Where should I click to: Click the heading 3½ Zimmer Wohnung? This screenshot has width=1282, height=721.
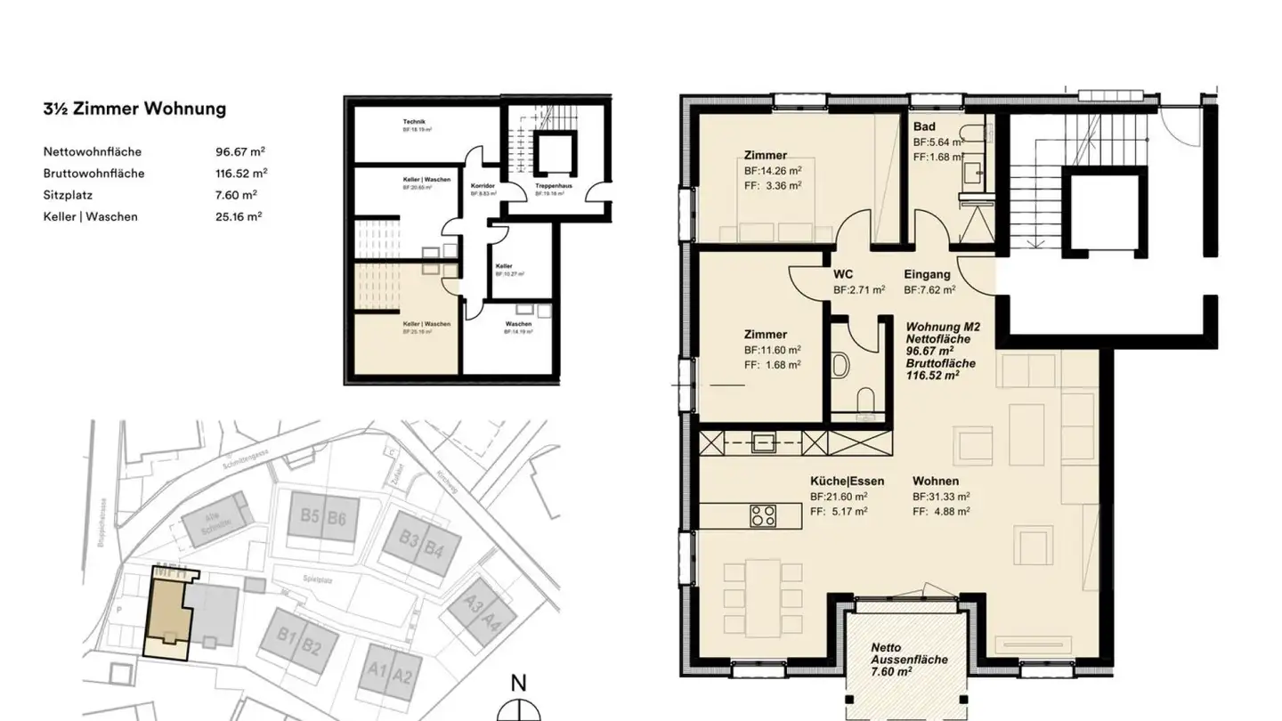click(x=134, y=109)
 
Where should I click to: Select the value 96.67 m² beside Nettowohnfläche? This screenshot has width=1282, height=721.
click(x=234, y=151)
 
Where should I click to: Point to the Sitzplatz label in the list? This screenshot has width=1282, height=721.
click(x=68, y=195)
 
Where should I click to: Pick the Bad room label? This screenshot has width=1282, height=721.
click(x=924, y=126)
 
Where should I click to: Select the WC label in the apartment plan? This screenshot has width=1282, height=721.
click(x=843, y=274)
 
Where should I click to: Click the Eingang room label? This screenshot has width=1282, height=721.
click(x=927, y=274)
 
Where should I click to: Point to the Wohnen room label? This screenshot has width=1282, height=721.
click(x=936, y=481)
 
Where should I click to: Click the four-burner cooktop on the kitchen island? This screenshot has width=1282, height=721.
click(x=762, y=515)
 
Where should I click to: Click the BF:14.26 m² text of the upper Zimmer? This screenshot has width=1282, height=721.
click(x=773, y=170)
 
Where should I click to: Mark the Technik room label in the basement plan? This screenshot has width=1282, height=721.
click(x=414, y=122)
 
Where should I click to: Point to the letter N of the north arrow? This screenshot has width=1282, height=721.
click(x=518, y=684)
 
